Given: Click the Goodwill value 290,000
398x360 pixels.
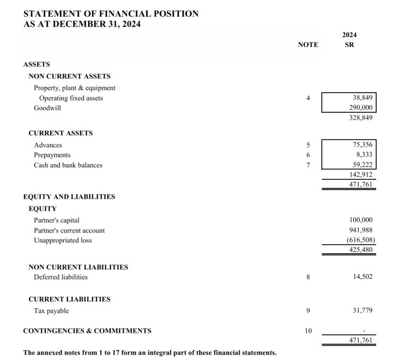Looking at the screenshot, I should (x=361, y=108).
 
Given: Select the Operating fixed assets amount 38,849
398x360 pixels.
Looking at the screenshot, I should (x=363, y=98).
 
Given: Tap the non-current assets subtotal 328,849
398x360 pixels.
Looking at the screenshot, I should (x=361, y=118).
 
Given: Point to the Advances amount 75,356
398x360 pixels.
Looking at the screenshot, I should (x=363, y=145).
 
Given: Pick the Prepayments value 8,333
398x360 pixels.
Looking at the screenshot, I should (x=364, y=155).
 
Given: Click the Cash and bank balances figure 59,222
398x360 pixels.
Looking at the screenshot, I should (x=363, y=165).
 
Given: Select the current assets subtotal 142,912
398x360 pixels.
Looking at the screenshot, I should (x=361, y=175).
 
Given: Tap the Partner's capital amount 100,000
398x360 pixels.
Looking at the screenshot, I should (x=361, y=220).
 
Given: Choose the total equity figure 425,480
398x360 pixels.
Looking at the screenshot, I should (x=361, y=250).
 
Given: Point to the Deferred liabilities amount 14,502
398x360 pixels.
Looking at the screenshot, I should (x=363, y=277).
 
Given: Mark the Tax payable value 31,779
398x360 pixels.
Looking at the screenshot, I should (x=363, y=311).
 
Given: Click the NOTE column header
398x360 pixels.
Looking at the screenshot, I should (x=308, y=45).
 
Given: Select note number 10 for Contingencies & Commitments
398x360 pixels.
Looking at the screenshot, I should (x=308, y=331).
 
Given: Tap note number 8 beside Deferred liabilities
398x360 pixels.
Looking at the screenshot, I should (x=308, y=277).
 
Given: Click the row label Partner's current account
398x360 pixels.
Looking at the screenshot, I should (x=69, y=230).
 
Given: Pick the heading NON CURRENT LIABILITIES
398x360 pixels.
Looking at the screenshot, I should (x=78, y=267).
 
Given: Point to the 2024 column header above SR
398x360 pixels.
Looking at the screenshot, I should (x=349, y=35).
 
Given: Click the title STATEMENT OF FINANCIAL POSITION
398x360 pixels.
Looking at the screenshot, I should (x=111, y=14).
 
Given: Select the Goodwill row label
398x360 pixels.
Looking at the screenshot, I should (x=47, y=108).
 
